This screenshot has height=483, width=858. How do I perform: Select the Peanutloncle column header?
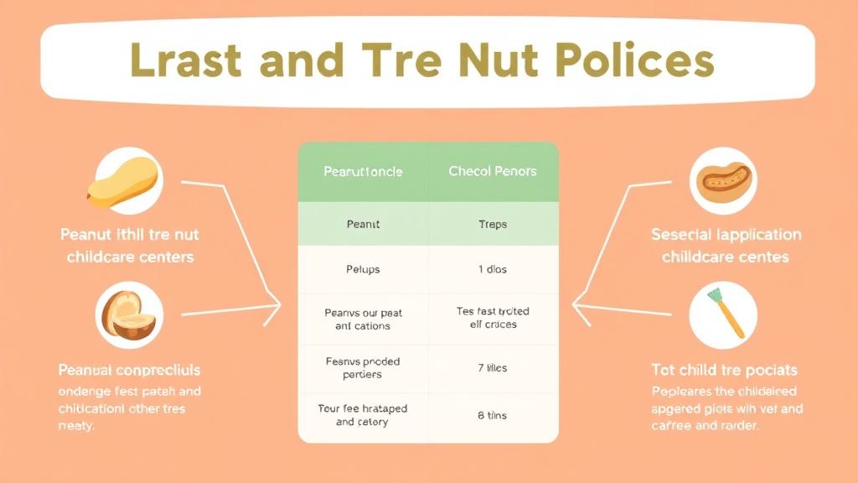point(363,172)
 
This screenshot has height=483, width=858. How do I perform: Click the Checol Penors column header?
point(493,172)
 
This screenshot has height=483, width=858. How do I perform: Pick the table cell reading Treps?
point(493,225)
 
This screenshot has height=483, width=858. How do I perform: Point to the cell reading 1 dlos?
point(493,270)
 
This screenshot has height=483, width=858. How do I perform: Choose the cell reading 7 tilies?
point(493,368)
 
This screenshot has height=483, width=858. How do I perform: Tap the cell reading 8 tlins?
point(493,416)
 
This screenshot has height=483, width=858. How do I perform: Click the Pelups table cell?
point(363,270)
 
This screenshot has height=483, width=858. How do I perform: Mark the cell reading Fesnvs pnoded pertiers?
point(363,368)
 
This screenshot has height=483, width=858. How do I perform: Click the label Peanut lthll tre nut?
point(129,235)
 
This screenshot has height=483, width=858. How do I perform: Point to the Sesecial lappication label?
point(726,235)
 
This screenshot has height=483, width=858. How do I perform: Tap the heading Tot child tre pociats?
point(724,370)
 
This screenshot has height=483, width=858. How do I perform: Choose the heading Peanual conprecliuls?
point(129,370)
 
